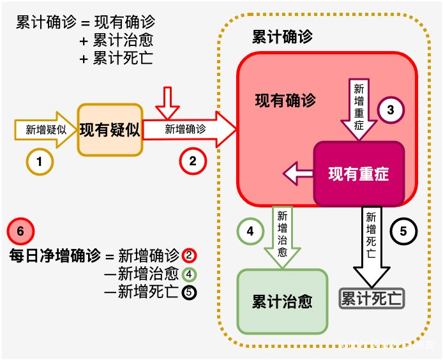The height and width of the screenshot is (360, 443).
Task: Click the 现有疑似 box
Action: (x=110, y=130)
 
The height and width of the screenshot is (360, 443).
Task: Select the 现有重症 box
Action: (x=359, y=174)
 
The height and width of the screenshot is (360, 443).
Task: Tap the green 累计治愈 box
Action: (x=282, y=301)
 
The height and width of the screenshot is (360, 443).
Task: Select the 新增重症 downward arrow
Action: (x=359, y=109)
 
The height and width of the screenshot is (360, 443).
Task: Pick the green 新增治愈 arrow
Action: (x=282, y=235)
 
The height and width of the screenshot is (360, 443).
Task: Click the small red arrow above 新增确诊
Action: (x=169, y=103)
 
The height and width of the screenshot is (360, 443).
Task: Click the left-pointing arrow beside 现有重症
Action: (x=298, y=174)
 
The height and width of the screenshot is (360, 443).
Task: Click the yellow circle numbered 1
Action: (x=40, y=162)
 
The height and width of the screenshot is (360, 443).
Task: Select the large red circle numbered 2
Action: (x=193, y=161)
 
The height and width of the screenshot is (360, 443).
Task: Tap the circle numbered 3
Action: (x=391, y=110)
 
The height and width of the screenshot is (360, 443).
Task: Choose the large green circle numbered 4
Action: (x=250, y=231)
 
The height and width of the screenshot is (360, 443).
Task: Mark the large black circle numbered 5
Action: (x=403, y=231)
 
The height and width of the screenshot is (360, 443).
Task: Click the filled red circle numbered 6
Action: (x=20, y=231)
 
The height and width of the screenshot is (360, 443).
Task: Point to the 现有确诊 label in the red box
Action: (x=285, y=100)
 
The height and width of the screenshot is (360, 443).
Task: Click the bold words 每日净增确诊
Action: (x=55, y=256)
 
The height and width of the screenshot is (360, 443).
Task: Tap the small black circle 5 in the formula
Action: (x=189, y=293)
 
